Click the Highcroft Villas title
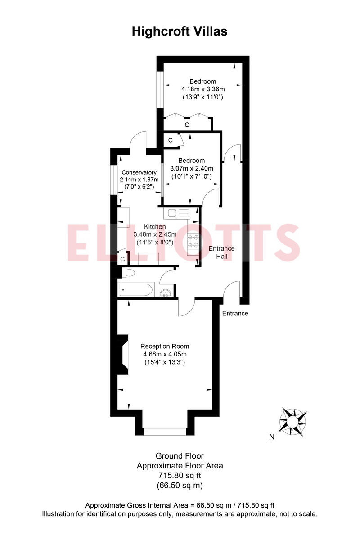click(180, 31)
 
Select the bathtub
click(136, 289)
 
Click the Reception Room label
click(165, 346)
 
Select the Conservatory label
click(139, 172)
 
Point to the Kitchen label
click(155, 226)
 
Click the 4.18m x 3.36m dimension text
click(202, 89)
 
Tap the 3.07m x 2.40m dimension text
click(191, 168)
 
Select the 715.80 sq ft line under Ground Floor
click(180, 476)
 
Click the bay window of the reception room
click(165, 432)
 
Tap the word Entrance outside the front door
click(235, 313)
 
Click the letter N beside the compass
click(271, 436)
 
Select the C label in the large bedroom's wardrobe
click(187, 125)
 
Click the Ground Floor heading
click(180, 456)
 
